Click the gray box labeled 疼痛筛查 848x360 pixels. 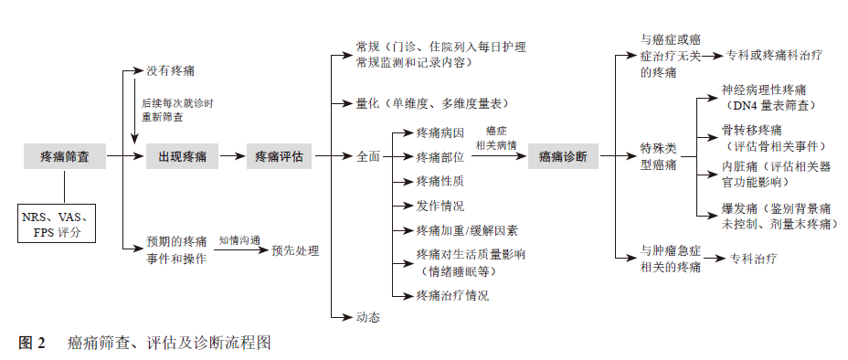[x=64, y=157]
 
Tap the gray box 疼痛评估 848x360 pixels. [x=280, y=157]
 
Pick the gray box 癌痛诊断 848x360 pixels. [x=563, y=157]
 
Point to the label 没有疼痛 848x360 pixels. [x=170, y=70]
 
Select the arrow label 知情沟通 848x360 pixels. [x=239, y=240]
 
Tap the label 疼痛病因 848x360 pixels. [x=440, y=133]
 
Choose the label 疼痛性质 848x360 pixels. [x=440, y=181]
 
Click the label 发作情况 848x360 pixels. [x=440, y=206]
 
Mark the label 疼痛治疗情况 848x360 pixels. [x=452, y=295]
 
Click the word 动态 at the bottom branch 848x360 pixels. [x=367, y=317]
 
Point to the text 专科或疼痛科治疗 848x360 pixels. [x=775, y=56]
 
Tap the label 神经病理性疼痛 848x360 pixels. [x=764, y=90]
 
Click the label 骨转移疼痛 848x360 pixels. [x=752, y=131]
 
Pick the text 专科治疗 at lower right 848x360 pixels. [x=753, y=259]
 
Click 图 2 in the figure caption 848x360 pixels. [x=32, y=344]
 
